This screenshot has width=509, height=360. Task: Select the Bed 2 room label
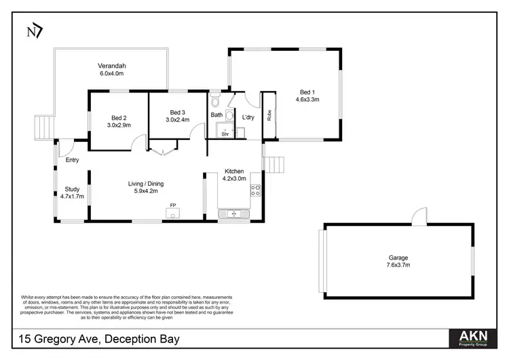pyautogui.click(x=119, y=117)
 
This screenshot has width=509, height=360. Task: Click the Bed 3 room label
pyautogui.click(x=177, y=112)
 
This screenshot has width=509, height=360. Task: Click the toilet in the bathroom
pyautogui.click(x=216, y=102)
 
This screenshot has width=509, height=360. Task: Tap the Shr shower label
pyautogui.click(x=225, y=134)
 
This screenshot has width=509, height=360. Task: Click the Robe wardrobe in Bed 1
pyautogui.click(x=269, y=115)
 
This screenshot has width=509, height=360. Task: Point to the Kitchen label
pyautogui.click(x=234, y=171)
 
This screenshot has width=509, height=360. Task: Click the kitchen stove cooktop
pyautogui.click(x=255, y=191)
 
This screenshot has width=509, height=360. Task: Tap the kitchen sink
pyautogui.click(x=234, y=214)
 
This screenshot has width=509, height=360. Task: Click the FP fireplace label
pyautogui.click(x=172, y=204)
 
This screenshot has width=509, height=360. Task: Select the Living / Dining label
pyautogui.click(x=146, y=183)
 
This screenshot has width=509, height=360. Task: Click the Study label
pyautogui.click(x=72, y=190)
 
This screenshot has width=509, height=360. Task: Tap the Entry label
pyautogui.click(x=73, y=160)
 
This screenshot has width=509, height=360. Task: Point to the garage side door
pyautogui.click(x=419, y=217)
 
